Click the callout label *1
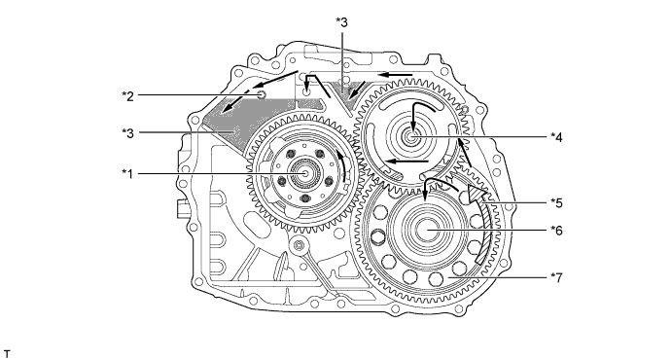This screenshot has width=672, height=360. (x=127, y=173)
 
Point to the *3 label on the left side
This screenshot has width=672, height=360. (x=127, y=133)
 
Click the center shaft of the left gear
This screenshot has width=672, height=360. (x=307, y=172)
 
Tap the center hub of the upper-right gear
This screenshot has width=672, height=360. (x=412, y=137)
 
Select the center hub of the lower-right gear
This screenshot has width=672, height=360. (x=428, y=231)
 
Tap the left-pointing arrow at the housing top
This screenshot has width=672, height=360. (x=394, y=73)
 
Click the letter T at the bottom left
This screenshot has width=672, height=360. (x=7, y=346)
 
